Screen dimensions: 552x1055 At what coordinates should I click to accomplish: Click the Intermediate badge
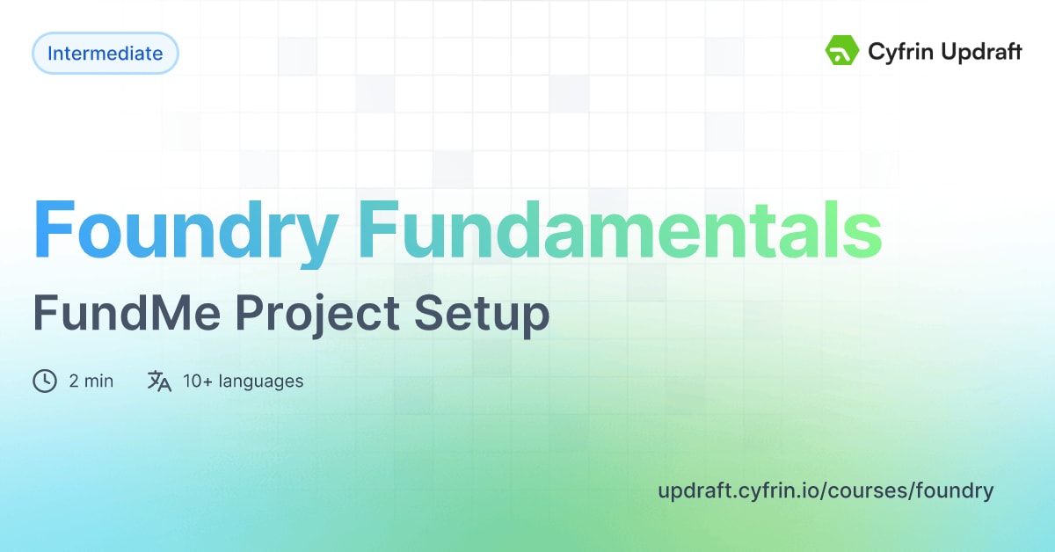[105, 54]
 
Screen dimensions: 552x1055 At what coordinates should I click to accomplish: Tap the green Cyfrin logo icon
[841, 51]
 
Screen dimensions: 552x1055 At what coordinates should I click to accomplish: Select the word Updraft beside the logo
[981, 52]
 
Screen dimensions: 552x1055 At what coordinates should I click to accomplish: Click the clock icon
[44, 381]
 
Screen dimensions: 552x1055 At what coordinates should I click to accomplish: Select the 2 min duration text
[91, 381]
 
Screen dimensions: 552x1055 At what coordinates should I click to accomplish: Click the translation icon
[159, 381]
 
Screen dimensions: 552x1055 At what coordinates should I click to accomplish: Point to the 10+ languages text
[243, 381]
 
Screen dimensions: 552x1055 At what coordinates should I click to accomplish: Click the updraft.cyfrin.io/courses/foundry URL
[826, 490]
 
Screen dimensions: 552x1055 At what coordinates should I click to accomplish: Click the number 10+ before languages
[198, 381]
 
